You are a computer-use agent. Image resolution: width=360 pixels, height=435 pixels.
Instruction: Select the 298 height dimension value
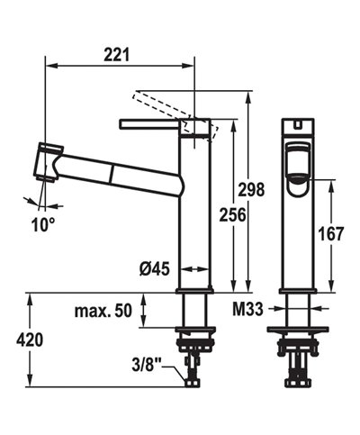point(259,189)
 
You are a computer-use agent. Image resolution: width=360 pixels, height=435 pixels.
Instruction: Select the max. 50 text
point(102,311)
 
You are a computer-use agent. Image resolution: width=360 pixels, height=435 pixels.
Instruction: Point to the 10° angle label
point(45,222)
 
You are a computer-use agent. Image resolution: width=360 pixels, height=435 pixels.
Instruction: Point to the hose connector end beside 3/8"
point(191,380)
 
